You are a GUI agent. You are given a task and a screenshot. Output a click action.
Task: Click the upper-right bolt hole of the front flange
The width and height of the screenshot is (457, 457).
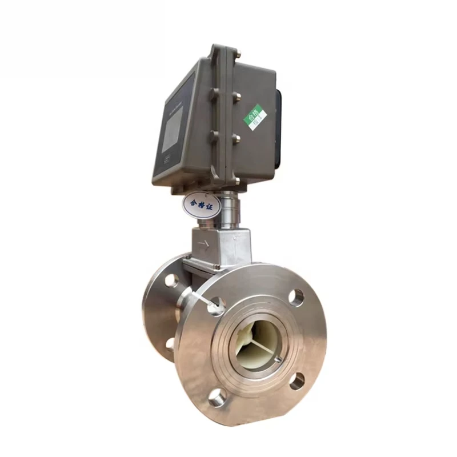point(296,296)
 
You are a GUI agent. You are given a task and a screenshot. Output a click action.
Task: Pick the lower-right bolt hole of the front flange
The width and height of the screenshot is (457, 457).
point(297,381)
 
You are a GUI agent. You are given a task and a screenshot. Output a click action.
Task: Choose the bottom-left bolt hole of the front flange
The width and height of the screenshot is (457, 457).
point(217,397)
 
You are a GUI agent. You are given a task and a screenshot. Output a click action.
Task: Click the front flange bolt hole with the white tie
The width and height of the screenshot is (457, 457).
point(216,306)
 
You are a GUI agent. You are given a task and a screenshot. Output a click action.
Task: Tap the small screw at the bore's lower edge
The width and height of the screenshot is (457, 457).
point(277,360)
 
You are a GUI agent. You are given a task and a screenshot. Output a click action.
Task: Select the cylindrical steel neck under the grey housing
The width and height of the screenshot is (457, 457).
point(231,209)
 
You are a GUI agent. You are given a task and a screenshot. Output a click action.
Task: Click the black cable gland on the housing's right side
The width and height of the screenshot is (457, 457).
point(278,129)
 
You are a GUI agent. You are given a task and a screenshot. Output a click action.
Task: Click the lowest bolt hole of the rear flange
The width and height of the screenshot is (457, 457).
point(170,344)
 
